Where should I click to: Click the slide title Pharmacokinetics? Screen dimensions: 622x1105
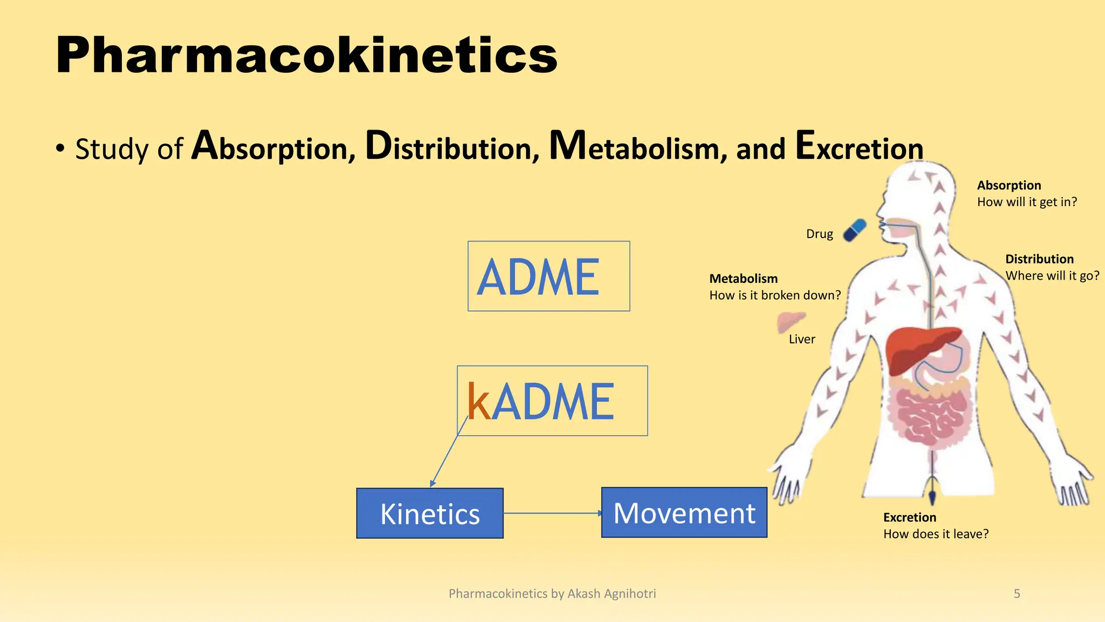[306, 56]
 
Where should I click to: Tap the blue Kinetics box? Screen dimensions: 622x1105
[429, 513]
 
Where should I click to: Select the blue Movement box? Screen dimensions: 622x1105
[684, 512]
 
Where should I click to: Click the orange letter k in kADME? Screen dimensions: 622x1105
[479, 402]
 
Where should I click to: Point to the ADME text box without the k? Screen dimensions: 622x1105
[548, 276]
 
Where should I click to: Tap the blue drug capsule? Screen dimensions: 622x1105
[855, 230]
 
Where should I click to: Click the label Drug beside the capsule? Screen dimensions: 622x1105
[819, 234]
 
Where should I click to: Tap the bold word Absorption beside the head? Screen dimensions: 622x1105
[1008, 185]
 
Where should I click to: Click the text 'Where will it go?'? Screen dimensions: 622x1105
[1052, 275]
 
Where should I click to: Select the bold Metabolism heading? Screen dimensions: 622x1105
[743, 279]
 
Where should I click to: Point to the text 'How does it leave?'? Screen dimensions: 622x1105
[936, 534]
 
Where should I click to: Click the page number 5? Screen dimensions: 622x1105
[1017, 594]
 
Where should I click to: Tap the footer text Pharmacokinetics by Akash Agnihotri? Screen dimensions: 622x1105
[552, 594]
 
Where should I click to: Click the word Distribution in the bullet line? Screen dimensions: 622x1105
[452, 147]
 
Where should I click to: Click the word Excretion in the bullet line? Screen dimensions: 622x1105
[859, 147]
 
